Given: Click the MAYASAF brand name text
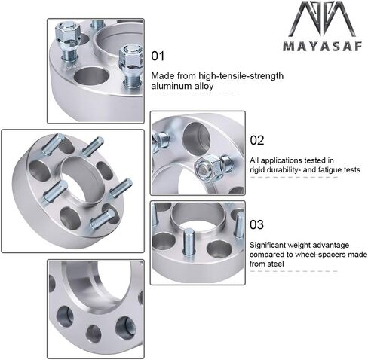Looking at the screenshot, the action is (x=323, y=46).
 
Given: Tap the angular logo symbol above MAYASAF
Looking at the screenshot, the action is (x=322, y=19).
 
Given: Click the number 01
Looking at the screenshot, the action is (x=158, y=56).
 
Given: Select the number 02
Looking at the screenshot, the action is (x=257, y=140).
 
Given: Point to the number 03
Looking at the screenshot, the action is (x=256, y=224).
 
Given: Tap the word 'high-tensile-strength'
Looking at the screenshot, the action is (x=241, y=76).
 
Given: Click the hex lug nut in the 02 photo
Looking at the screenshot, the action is (x=207, y=167).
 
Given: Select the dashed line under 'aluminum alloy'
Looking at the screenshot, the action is (x=195, y=93).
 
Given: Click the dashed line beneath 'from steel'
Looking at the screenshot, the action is (x=293, y=271).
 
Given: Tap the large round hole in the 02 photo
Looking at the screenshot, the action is (x=196, y=139).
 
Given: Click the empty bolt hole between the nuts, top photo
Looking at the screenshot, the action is (x=91, y=76).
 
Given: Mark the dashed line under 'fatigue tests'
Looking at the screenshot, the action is (x=293, y=177).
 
